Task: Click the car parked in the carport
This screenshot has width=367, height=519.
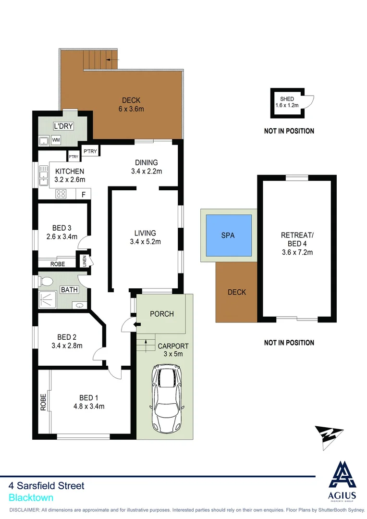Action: (x=168, y=398)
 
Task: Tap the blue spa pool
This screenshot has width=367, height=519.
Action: (x=229, y=235)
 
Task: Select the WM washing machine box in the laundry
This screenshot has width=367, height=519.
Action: (x=56, y=140)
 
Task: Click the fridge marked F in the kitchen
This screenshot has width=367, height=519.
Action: (x=84, y=194)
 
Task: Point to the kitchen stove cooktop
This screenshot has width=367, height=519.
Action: (x=61, y=194)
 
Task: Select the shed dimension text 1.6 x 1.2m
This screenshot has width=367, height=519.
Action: (x=287, y=105)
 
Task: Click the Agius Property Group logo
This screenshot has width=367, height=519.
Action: (x=343, y=481)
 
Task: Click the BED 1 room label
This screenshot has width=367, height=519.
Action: (x=88, y=397)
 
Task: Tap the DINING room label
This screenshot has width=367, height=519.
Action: (x=146, y=162)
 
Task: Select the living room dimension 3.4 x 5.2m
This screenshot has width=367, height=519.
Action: (x=145, y=242)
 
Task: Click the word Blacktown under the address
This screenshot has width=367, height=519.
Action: (x=31, y=498)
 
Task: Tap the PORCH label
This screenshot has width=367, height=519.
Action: (x=161, y=314)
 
